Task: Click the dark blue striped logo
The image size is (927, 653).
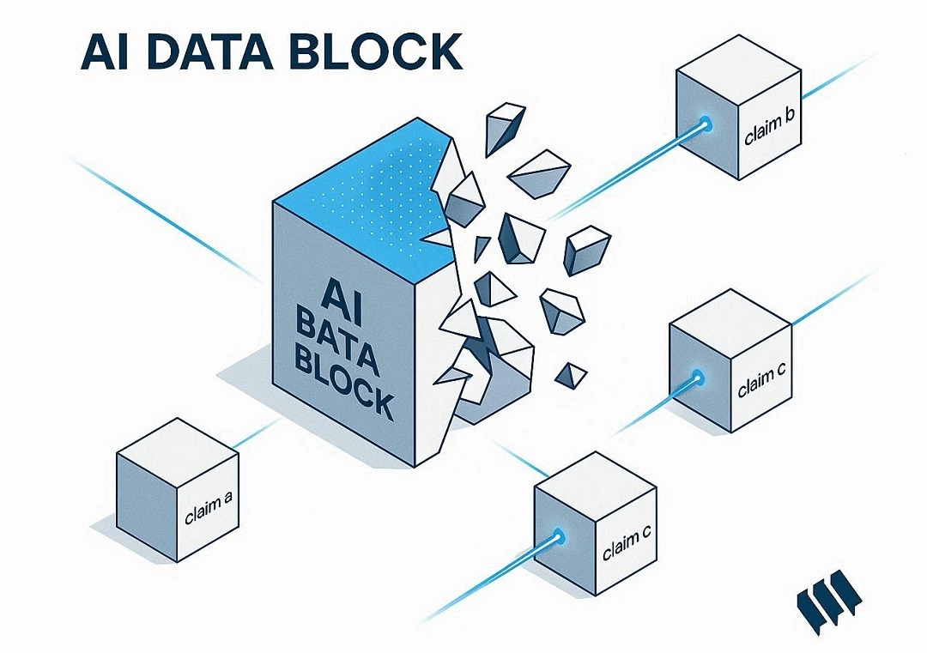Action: click(826, 597)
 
